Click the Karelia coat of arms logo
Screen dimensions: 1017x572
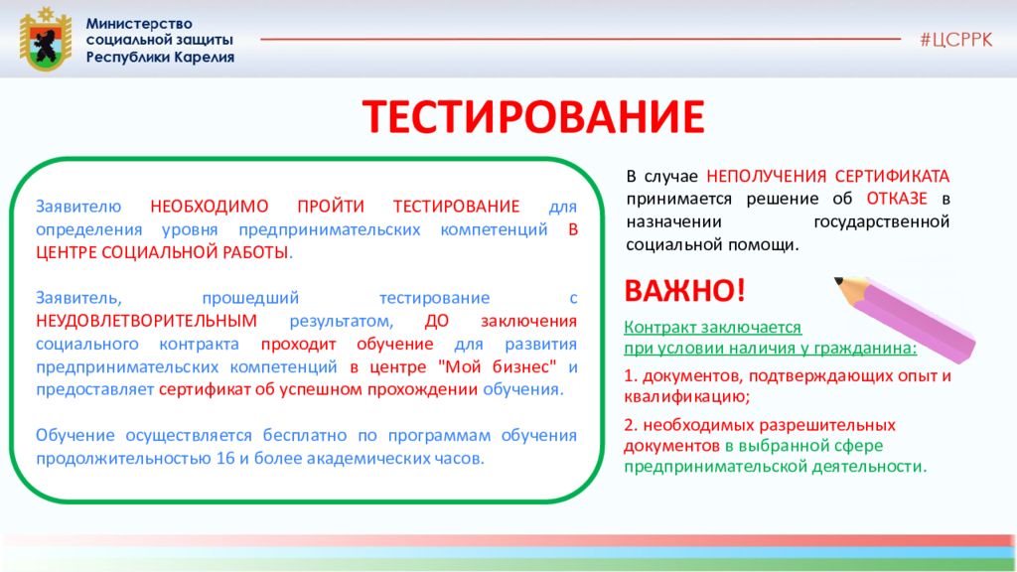click(x=45, y=40)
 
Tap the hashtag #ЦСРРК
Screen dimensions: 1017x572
click(x=955, y=40)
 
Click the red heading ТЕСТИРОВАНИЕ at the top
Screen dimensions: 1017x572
click(x=533, y=117)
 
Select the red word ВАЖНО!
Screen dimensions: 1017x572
click(x=684, y=291)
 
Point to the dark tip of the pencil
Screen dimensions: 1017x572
click(x=838, y=281)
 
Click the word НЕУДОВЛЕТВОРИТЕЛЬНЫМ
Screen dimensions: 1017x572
click(x=147, y=321)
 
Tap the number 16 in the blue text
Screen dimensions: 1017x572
click(x=225, y=459)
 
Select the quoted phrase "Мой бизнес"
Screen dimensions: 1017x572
click(x=497, y=366)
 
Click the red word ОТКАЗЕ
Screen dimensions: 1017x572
click(x=897, y=199)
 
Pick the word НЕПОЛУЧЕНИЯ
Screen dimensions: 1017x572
click(x=766, y=177)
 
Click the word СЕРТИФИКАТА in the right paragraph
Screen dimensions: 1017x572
click(x=892, y=177)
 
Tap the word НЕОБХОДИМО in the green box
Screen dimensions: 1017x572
click(x=210, y=207)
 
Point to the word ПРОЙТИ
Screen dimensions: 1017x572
click(x=331, y=207)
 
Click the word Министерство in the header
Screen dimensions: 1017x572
click(x=139, y=24)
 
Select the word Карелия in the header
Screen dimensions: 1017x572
click(x=203, y=57)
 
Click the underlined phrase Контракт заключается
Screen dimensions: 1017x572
click(x=713, y=328)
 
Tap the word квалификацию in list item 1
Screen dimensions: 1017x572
click(x=687, y=396)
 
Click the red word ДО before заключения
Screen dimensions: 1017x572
click(x=437, y=321)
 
